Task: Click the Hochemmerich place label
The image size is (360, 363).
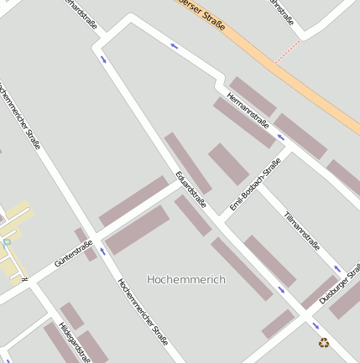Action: (x=185, y=279)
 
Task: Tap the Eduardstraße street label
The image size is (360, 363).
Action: (x=190, y=189)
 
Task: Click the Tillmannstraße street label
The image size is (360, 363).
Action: (x=302, y=231)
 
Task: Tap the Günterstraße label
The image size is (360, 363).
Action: (x=73, y=252)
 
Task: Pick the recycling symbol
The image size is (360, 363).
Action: (x=324, y=342)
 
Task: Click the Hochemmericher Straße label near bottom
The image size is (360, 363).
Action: (x=143, y=312)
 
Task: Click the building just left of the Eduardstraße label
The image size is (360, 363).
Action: (x=186, y=162)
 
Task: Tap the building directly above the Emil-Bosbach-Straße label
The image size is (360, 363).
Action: (x=228, y=163)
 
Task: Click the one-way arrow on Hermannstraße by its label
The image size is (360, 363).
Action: (x=280, y=137)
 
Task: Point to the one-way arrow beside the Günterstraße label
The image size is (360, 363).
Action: (x=102, y=251)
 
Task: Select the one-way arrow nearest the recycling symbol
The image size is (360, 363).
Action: (x=316, y=325)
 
